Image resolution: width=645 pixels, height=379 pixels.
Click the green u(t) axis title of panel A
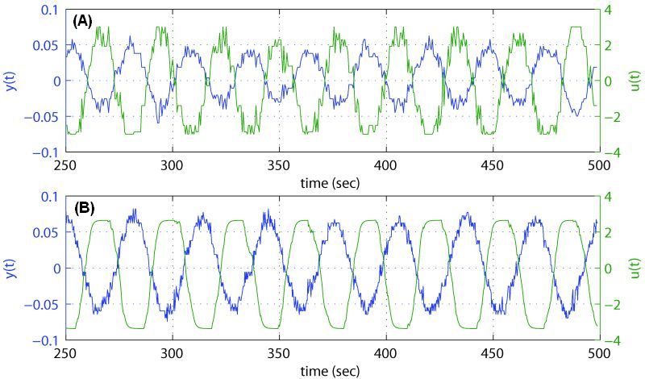[631, 81]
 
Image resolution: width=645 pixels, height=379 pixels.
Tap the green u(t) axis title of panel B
[631, 269]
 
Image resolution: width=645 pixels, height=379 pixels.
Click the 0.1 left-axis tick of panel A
[50, 9]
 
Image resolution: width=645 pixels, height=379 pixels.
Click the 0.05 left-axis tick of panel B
[46, 232]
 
